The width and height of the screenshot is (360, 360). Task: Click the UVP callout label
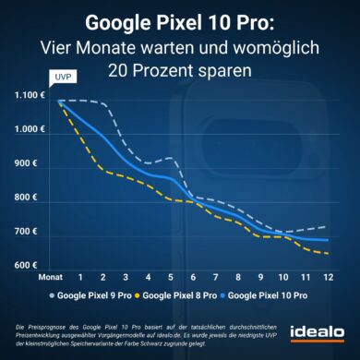pos(60,78)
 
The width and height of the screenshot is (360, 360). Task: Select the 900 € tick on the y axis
pos(35,164)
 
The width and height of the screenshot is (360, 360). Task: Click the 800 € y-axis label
pos(35,198)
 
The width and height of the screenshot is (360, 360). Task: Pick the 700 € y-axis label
pos(35,231)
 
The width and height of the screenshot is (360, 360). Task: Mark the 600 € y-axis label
pos(35,266)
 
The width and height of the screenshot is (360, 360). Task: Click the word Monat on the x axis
pos(49,275)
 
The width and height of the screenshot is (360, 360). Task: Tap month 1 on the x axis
pos(80,275)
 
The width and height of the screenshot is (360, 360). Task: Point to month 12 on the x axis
pos(329,275)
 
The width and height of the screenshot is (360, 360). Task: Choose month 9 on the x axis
pos(261,275)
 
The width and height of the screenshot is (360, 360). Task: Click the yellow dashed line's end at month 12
pos(328,253)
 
